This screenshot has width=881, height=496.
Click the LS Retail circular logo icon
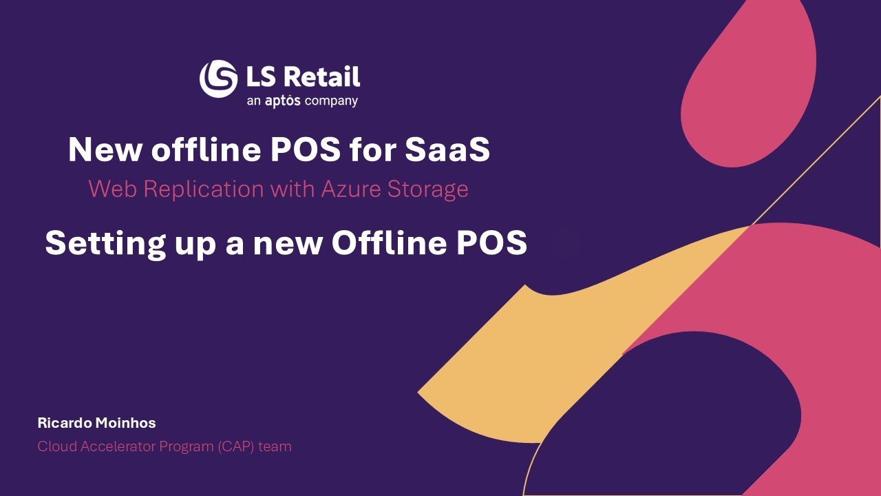coord(218,79)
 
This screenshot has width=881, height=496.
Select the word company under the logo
coord(332,102)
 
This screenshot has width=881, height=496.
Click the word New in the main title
coord(102,149)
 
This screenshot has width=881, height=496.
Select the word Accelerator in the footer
coord(117,446)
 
